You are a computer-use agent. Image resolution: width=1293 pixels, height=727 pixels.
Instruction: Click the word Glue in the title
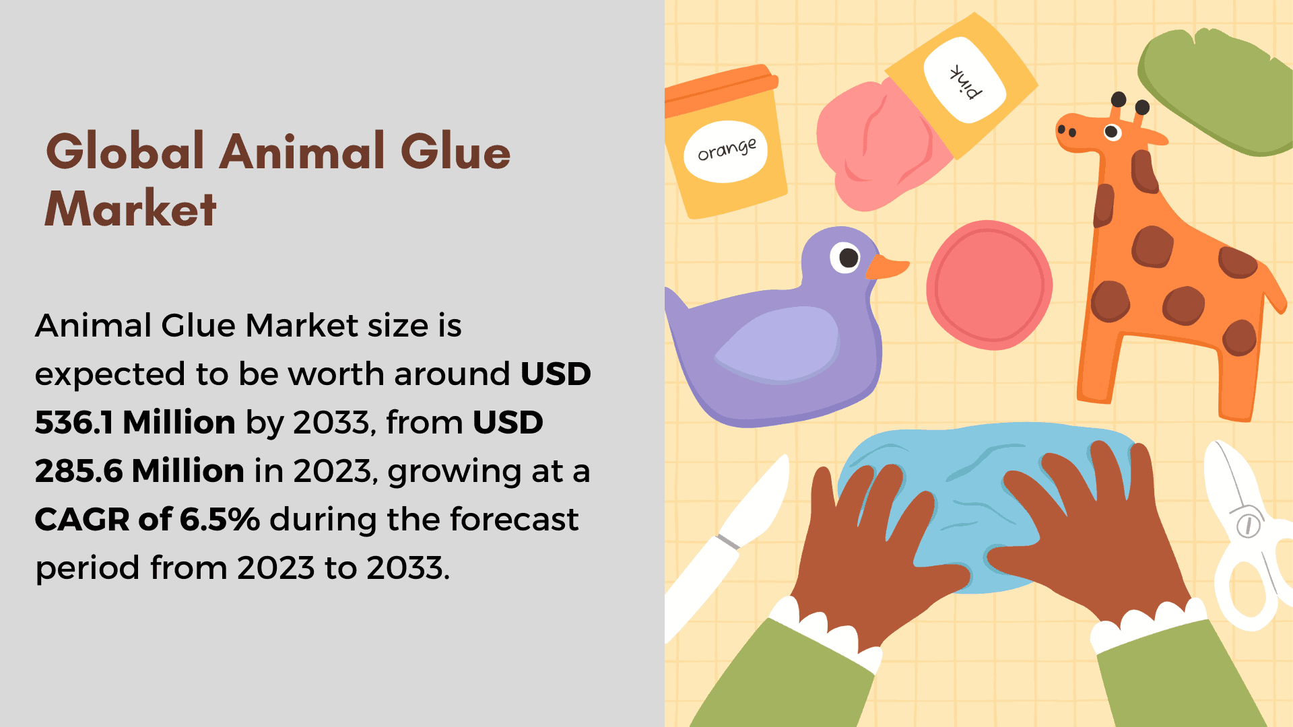pos(455,151)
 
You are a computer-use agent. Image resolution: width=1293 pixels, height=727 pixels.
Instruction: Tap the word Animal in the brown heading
pos(303,151)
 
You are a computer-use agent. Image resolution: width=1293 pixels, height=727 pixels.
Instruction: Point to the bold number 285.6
pos(79,471)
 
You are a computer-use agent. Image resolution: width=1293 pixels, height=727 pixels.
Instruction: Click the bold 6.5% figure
pos(220,519)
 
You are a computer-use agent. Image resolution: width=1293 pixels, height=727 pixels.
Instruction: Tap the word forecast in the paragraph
pos(515,519)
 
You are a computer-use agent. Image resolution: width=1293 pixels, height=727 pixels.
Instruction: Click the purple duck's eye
pos(846,257)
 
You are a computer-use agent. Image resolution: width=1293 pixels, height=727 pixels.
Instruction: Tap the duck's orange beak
pos(886,267)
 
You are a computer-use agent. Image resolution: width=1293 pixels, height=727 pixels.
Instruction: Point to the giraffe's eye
pos(1113,132)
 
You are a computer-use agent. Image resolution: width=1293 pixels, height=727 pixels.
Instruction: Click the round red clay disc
pos(989,285)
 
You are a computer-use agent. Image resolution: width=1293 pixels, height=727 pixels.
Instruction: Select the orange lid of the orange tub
pos(721,89)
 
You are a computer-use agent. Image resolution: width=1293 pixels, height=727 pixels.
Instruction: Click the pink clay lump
pos(875,144)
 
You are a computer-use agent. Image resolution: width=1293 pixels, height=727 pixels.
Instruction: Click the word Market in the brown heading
pos(131,209)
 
